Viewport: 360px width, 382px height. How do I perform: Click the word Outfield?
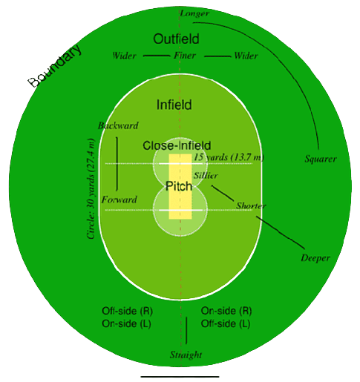(x=176, y=39)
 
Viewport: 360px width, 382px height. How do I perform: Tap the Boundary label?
(x=55, y=66)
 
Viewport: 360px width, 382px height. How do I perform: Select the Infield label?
(x=174, y=105)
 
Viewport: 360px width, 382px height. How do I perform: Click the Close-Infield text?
(x=177, y=145)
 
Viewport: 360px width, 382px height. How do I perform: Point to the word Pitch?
(x=179, y=186)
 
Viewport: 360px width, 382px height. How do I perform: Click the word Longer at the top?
(x=194, y=13)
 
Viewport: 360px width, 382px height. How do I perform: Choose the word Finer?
(x=185, y=56)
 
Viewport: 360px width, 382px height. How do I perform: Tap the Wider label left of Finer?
(x=124, y=56)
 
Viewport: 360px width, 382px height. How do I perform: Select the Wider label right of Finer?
(x=246, y=56)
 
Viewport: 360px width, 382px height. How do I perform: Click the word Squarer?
(x=321, y=159)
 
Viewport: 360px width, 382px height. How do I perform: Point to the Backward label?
(x=118, y=125)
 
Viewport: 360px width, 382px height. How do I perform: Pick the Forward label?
(x=120, y=200)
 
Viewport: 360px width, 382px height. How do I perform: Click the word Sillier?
(x=206, y=176)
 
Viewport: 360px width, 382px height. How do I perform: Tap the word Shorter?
(x=251, y=205)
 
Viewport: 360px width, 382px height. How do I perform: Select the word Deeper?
(x=315, y=258)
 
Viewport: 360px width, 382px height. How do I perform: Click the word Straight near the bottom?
(x=186, y=355)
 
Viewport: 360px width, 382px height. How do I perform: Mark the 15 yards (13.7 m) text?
(x=229, y=157)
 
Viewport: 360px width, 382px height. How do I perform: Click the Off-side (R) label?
(x=127, y=311)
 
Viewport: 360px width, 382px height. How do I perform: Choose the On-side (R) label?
(x=226, y=311)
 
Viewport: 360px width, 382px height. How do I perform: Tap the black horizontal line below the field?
(x=180, y=377)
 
